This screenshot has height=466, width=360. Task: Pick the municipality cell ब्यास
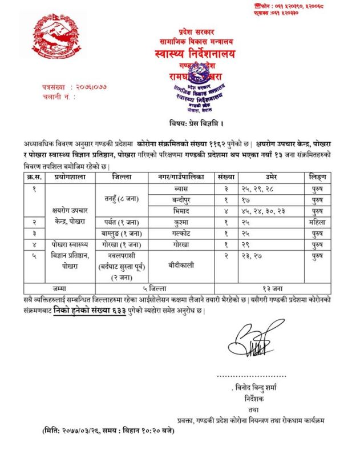click(181, 188)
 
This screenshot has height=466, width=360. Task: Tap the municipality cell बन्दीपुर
click(181, 199)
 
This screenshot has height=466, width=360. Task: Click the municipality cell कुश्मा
click(181, 222)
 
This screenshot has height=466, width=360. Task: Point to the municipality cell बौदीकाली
click(181, 266)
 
